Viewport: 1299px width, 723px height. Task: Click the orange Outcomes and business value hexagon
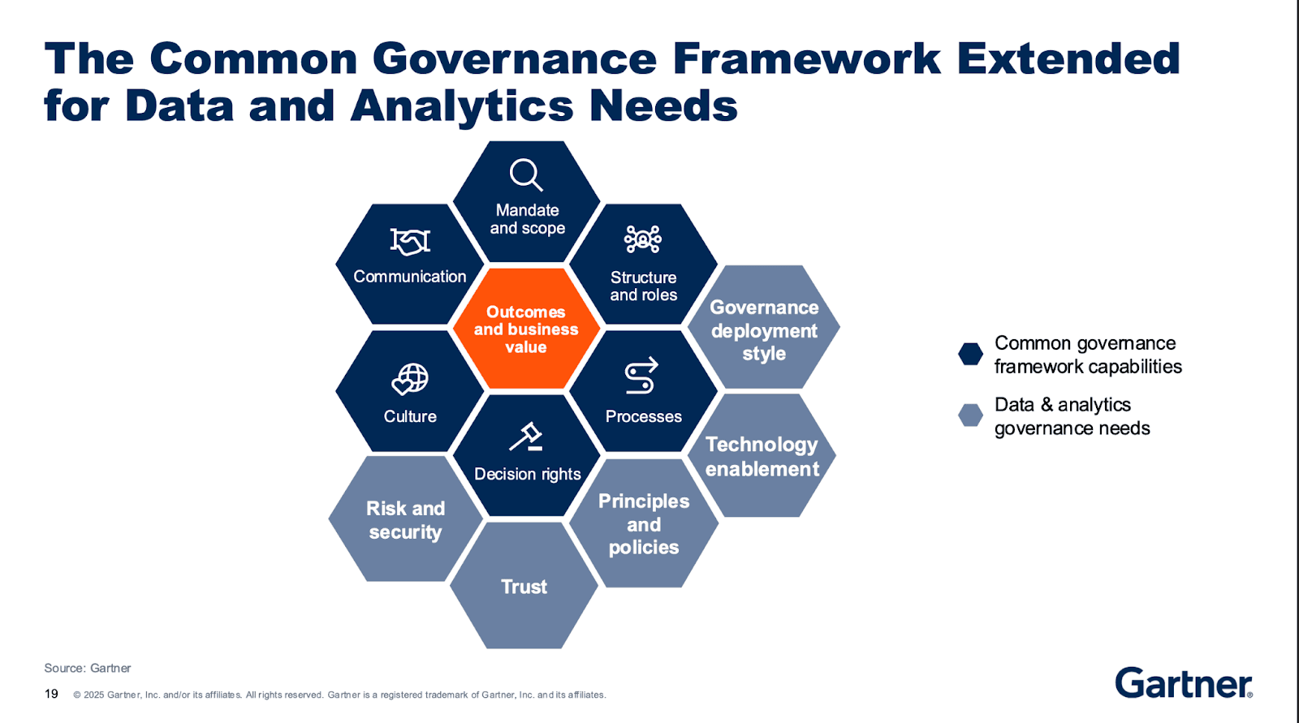[x=526, y=329]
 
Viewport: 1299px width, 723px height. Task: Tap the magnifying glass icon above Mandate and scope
[x=525, y=174]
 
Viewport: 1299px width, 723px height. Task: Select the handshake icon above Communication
[x=410, y=241]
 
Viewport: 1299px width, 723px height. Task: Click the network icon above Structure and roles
[x=643, y=239]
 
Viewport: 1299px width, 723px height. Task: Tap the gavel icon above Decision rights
[x=526, y=437]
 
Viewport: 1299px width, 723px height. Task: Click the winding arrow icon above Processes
[x=641, y=376]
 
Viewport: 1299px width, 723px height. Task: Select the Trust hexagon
[x=524, y=586]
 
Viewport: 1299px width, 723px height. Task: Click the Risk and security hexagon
[x=405, y=519]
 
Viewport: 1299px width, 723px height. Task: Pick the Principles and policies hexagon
[x=644, y=523]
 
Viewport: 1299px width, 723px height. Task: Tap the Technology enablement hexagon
[x=762, y=456]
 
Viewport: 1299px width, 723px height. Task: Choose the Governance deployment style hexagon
[x=763, y=329]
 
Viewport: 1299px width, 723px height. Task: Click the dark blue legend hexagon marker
[x=970, y=354]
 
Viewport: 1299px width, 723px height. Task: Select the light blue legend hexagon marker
[x=970, y=415]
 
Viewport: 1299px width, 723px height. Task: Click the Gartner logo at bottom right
[x=1183, y=683]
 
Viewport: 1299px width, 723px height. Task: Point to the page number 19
[x=51, y=694]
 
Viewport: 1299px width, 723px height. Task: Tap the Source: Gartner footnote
[x=88, y=668]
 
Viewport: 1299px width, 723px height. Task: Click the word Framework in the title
[x=806, y=58]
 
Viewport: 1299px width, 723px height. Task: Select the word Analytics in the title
[x=463, y=105]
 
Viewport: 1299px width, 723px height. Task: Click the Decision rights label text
[x=527, y=474]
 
